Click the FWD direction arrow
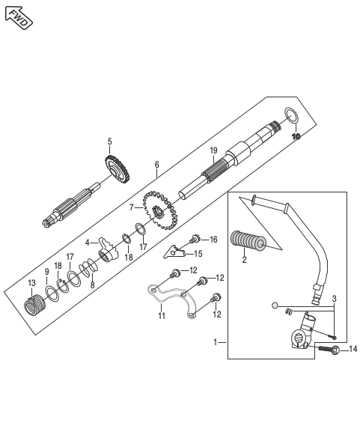(19, 17)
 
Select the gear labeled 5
(117, 168)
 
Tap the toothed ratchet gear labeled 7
(160, 210)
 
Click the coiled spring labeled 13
(34, 305)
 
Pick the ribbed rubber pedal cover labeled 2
(248, 242)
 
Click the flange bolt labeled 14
(329, 349)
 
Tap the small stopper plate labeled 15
(174, 252)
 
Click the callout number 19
(213, 150)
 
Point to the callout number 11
(162, 315)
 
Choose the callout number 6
(156, 165)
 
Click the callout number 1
(216, 342)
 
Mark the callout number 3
(335, 299)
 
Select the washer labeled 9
(52, 294)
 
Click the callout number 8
(93, 285)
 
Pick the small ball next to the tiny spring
(274, 305)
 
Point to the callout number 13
(31, 283)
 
